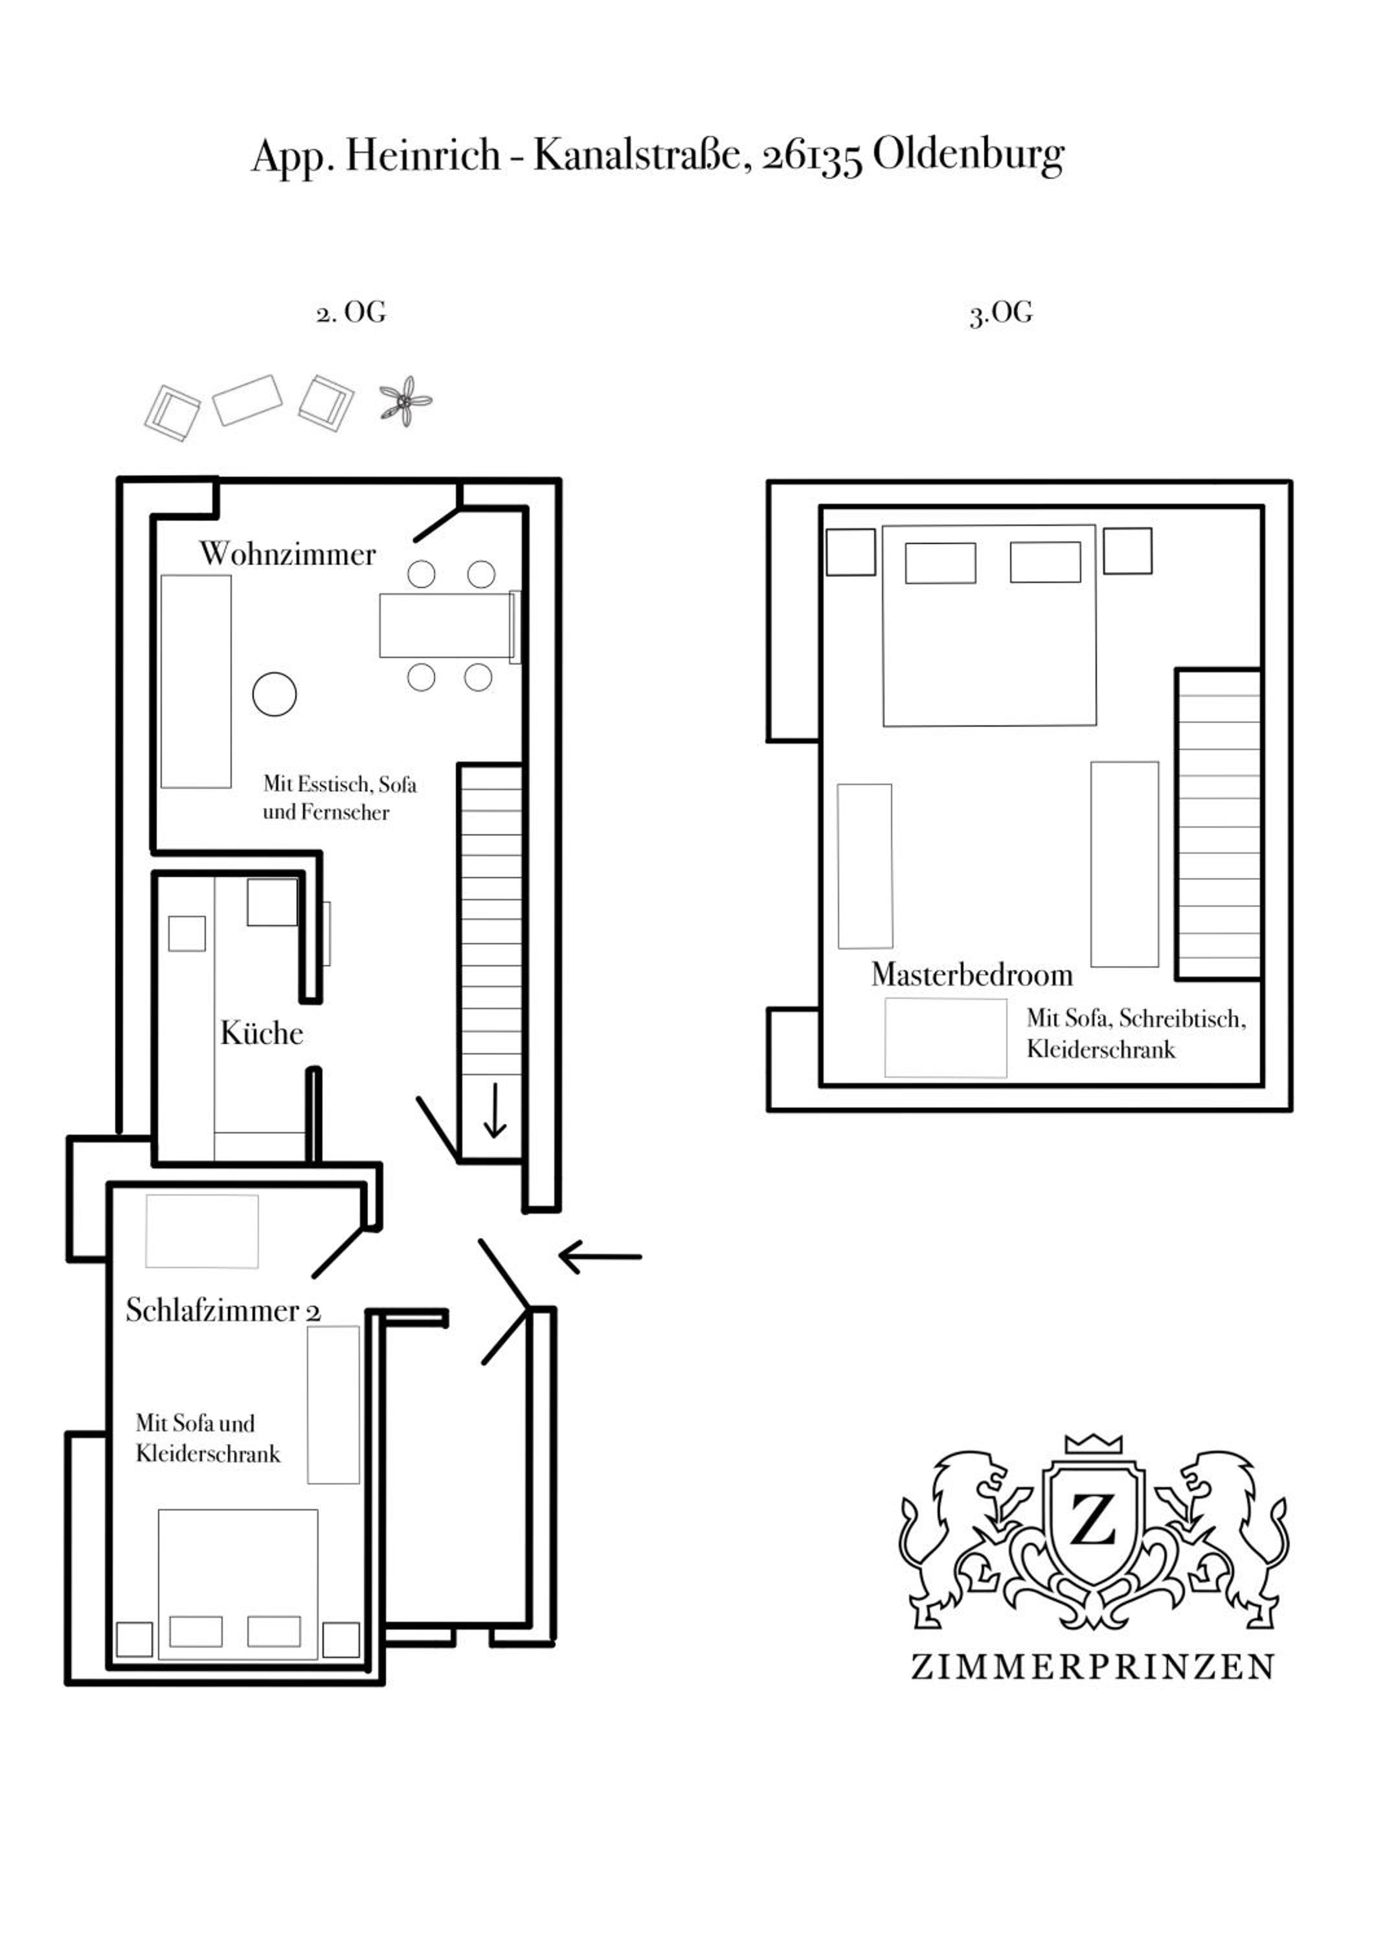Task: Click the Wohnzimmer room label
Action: (x=287, y=554)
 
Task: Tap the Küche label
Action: (x=262, y=1032)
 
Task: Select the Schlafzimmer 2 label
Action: (x=223, y=1311)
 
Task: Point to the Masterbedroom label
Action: (x=972, y=975)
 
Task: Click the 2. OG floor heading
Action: (x=351, y=313)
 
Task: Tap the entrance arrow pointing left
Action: (x=600, y=1256)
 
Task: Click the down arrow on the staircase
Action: (x=494, y=1109)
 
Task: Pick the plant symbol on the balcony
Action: (x=406, y=400)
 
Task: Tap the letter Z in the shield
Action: (x=1093, y=1520)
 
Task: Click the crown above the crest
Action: (x=1093, y=1444)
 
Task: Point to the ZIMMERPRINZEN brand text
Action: (x=1092, y=1667)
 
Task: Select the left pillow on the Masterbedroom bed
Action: (x=940, y=563)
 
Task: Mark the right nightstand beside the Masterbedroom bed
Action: (x=1128, y=551)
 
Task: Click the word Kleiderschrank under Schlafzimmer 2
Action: (x=208, y=1454)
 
